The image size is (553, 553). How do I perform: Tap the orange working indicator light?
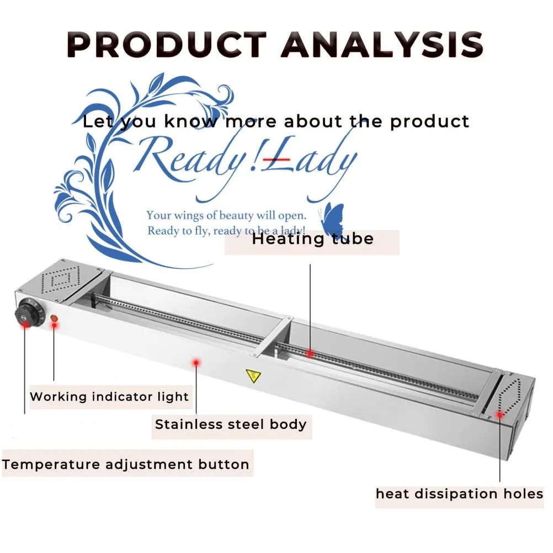[54, 320]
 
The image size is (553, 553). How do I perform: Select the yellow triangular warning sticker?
[253, 376]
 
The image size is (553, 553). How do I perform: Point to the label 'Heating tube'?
[312, 240]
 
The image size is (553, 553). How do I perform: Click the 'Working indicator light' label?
[109, 397]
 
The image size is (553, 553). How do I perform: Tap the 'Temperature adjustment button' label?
[126, 465]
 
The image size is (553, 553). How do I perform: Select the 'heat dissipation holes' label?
[459, 494]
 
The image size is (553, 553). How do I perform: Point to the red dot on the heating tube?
[311, 353]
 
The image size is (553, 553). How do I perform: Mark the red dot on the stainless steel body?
[195, 362]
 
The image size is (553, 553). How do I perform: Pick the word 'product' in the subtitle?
[429, 121]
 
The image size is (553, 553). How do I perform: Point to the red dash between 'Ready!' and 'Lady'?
[276, 158]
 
